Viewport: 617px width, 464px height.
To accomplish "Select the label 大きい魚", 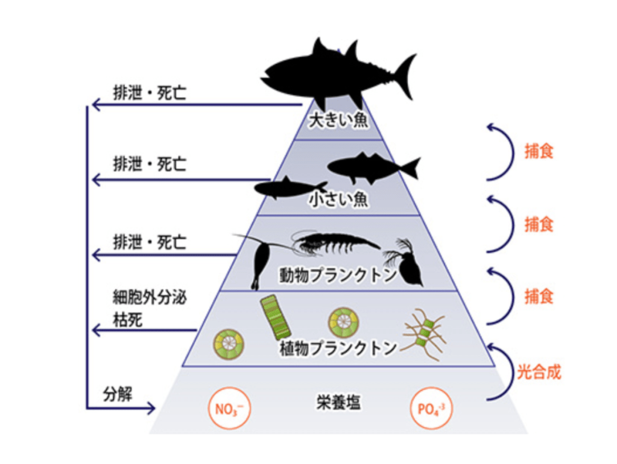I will tap(338, 121).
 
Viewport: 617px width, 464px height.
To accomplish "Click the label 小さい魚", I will tap(338, 199).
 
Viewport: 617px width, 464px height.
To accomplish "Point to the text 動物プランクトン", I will tap(338, 275).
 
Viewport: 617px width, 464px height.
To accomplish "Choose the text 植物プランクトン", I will tap(338, 348).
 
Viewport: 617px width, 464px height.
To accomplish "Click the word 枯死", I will tap(127, 319).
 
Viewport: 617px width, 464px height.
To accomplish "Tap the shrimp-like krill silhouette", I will tap(335, 242).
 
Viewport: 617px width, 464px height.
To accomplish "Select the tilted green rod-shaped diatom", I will tap(276, 318).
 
